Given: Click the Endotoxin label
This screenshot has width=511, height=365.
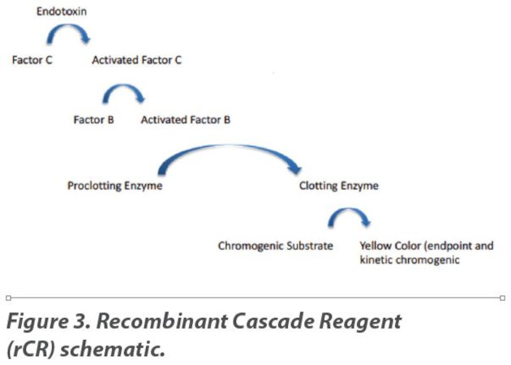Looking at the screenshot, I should pos(62,13).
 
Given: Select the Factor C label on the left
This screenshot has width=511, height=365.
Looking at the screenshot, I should pos(32,60).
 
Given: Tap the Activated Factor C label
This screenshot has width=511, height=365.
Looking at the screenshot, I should pos(136,60).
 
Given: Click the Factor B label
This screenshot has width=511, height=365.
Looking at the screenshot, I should pos(93,119).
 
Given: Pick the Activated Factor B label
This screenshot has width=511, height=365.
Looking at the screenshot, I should pos(185,119).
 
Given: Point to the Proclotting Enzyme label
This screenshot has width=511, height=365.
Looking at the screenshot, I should pos(114,186).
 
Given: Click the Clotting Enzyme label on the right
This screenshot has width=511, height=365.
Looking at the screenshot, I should pos(338,186).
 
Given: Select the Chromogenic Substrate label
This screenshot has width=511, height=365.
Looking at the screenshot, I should pos(275,246).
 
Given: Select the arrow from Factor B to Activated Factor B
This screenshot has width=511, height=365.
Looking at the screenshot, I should pos(122,95).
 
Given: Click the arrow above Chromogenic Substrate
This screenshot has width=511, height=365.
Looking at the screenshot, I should pos(349,216).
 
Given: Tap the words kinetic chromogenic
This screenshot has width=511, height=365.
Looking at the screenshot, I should pos(410,260).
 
